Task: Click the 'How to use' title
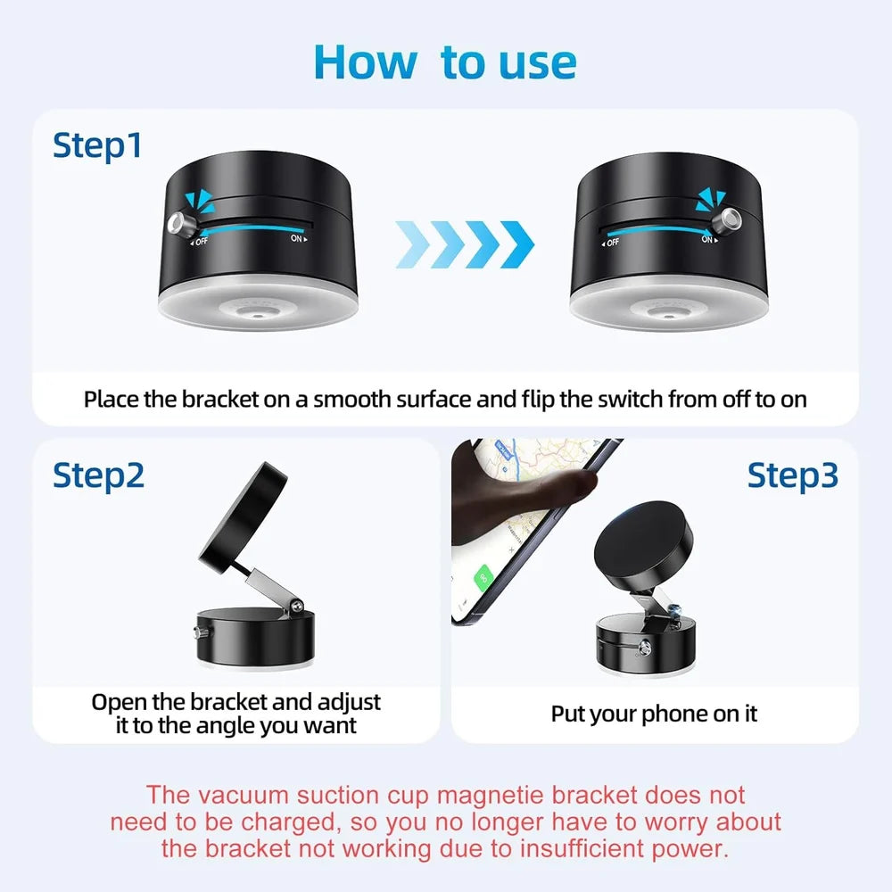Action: pyautogui.click(x=445, y=62)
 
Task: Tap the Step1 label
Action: pyautogui.click(x=97, y=145)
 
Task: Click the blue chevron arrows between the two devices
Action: pyautogui.click(x=464, y=243)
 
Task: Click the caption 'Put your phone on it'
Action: pyautogui.click(x=654, y=713)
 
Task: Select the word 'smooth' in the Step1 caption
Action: pyautogui.click(x=351, y=398)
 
